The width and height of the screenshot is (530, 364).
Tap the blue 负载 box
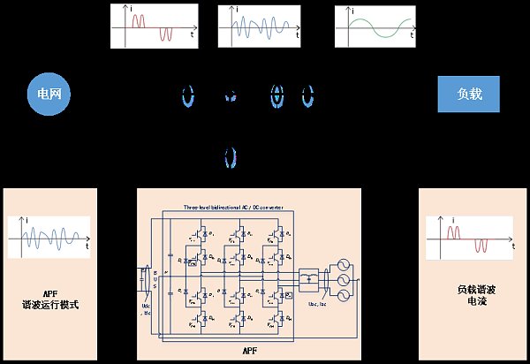pyautogui.click(x=468, y=95)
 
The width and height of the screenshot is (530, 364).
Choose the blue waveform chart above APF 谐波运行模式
pyautogui.click(x=50, y=236)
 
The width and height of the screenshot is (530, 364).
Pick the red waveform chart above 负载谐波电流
pyautogui.click(x=469, y=236)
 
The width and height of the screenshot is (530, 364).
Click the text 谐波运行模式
pyautogui.click(x=50, y=305)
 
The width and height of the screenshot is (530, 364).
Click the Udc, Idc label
pyautogui.click(x=147, y=310)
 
